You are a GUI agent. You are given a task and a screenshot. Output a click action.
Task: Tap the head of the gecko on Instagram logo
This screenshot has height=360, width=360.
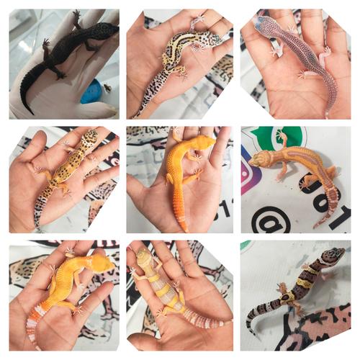pyautogui.click(x=260, y=159)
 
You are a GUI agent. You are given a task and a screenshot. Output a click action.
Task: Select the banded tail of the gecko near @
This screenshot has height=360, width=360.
pyautogui.click(x=329, y=202)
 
